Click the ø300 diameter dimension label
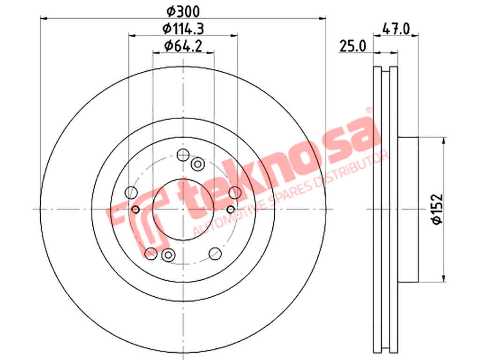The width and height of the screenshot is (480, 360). pos(183,11)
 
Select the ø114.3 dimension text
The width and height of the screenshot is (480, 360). pos(183,29)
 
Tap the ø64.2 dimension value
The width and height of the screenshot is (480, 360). pos(183,46)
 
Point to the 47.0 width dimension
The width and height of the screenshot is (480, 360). pos(396,29)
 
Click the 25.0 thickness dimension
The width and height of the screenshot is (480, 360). pos(352,46)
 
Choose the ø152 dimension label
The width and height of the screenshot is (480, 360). pos(437,209)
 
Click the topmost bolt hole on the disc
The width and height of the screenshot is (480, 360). pos(183,155)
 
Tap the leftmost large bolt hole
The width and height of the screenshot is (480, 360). pos(131,192)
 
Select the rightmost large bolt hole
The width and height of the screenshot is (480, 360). pos(235,192)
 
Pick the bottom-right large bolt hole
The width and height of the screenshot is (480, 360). pos(215,253)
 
